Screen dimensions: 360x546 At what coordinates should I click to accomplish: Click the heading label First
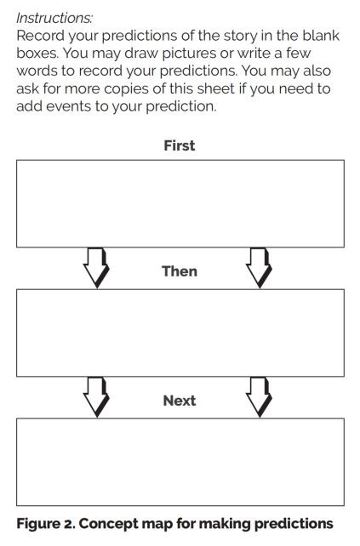[x=180, y=145]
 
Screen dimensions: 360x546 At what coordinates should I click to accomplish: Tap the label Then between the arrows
[x=180, y=271]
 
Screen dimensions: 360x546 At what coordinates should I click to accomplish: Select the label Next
[x=180, y=401]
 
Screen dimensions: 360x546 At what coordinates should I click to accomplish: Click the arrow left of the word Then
[x=96, y=267]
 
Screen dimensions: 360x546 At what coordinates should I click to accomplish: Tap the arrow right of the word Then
[x=259, y=267]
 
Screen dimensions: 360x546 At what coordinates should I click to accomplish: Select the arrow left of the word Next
[x=96, y=396]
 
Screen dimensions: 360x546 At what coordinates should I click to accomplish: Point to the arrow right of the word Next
[x=259, y=396]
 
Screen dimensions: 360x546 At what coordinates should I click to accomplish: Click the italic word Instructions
[x=54, y=18]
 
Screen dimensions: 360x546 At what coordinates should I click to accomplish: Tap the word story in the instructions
[x=243, y=36]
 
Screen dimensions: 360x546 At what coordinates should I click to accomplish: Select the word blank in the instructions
[x=321, y=35]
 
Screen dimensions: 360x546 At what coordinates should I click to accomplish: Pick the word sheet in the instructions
[x=215, y=88]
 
